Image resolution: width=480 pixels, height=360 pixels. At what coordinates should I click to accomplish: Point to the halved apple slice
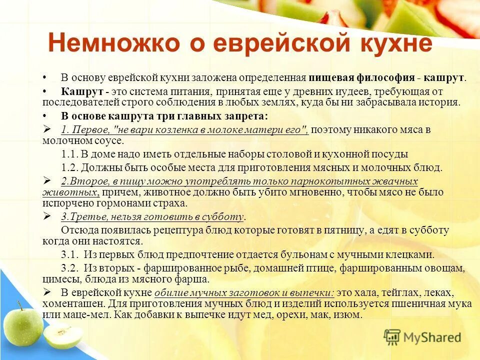click(62, 335)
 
